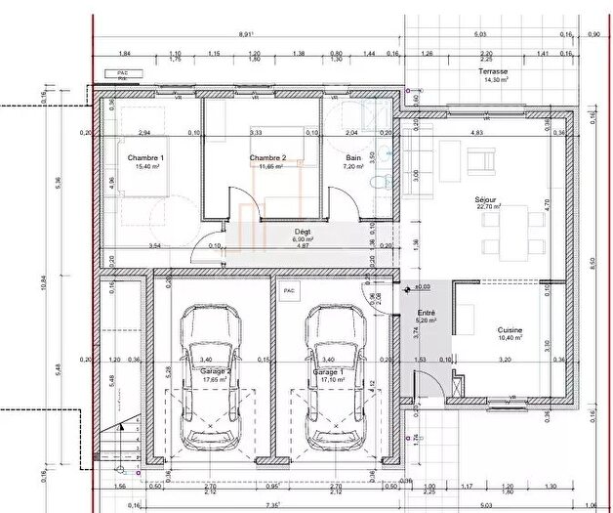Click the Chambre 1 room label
[x=145, y=157]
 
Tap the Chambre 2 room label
[x=267, y=157]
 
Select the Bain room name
[x=354, y=157]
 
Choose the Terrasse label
[x=493, y=72]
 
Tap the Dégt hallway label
[x=303, y=231]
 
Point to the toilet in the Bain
[x=384, y=180]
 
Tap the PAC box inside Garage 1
[x=288, y=291]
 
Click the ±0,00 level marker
[x=423, y=287]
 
